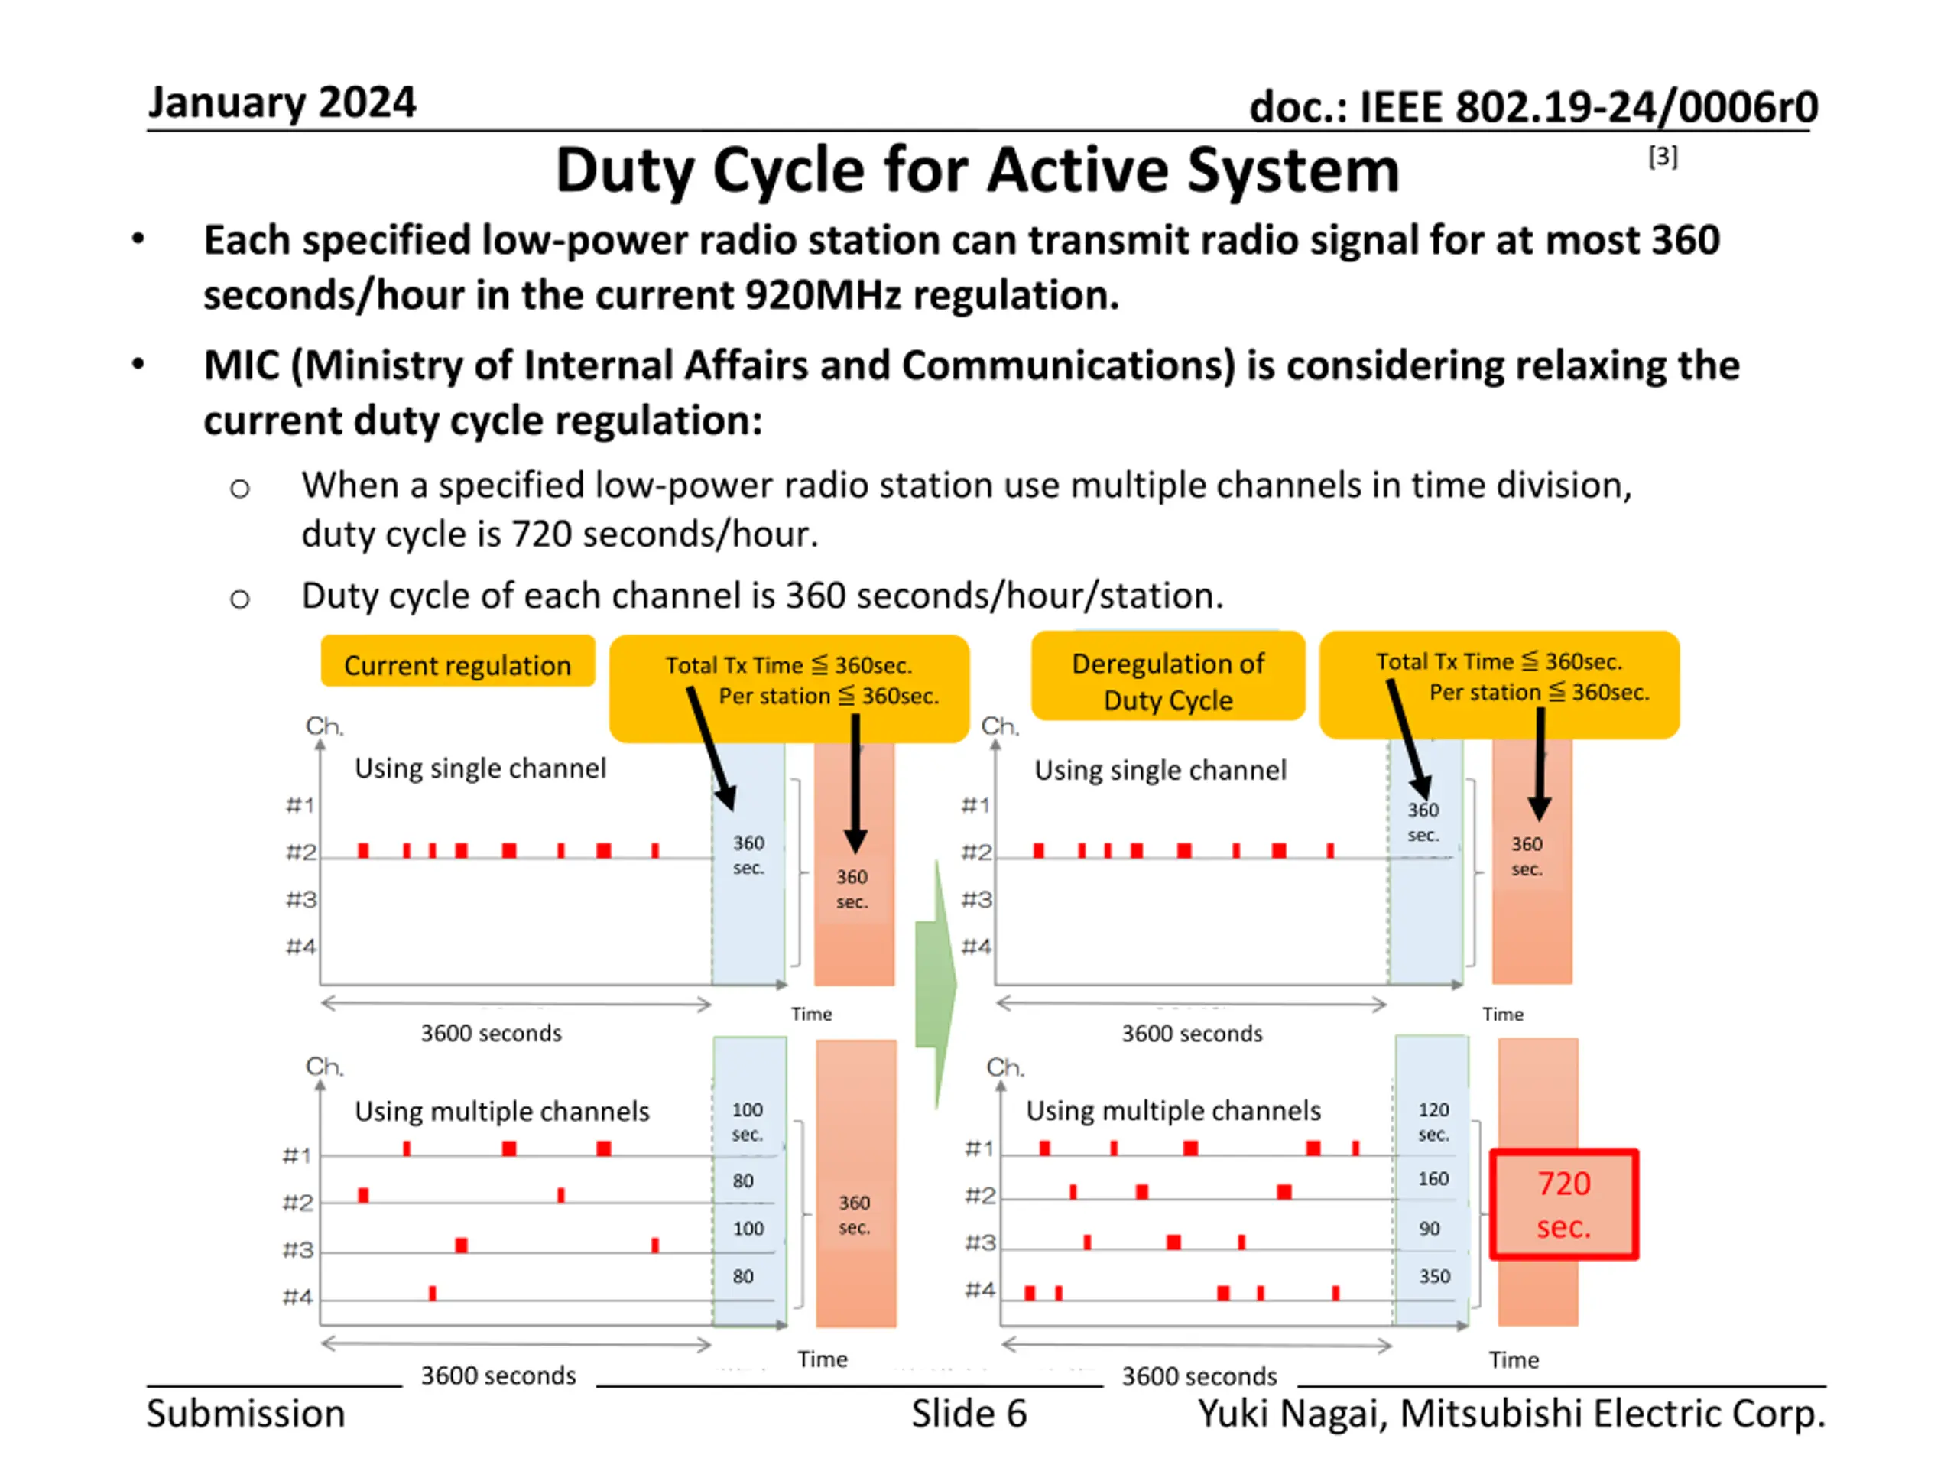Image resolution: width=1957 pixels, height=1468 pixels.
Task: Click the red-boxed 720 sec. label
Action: tap(1563, 1204)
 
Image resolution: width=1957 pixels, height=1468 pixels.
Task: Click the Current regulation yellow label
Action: tap(457, 664)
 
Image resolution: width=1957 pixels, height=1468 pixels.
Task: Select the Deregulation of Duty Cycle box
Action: tap(1168, 680)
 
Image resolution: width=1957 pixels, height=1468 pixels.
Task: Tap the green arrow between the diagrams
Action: tap(936, 982)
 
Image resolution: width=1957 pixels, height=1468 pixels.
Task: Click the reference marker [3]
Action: tap(1663, 157)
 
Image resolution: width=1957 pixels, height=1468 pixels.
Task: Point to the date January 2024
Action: tap(281, 102)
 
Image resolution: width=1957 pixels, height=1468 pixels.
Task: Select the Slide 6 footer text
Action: tap(969, 1413)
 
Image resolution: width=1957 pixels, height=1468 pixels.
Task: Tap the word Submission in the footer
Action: tap(246, 1413)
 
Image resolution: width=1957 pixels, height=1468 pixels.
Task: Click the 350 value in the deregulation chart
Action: tap(1434, 1276)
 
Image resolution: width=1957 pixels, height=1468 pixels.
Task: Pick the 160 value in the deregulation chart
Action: tap(1433, 1179)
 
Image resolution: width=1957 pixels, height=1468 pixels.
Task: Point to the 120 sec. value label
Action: tap(1433, 1121)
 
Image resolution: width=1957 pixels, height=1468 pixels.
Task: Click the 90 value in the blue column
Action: tap(1430, 1228)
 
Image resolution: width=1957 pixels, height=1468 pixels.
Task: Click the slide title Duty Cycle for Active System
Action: tap(977, 169)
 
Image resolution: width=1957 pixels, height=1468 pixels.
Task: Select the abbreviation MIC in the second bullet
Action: tap(241, 365)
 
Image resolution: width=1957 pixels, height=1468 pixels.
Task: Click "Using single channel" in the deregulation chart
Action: tap(1160, 770)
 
